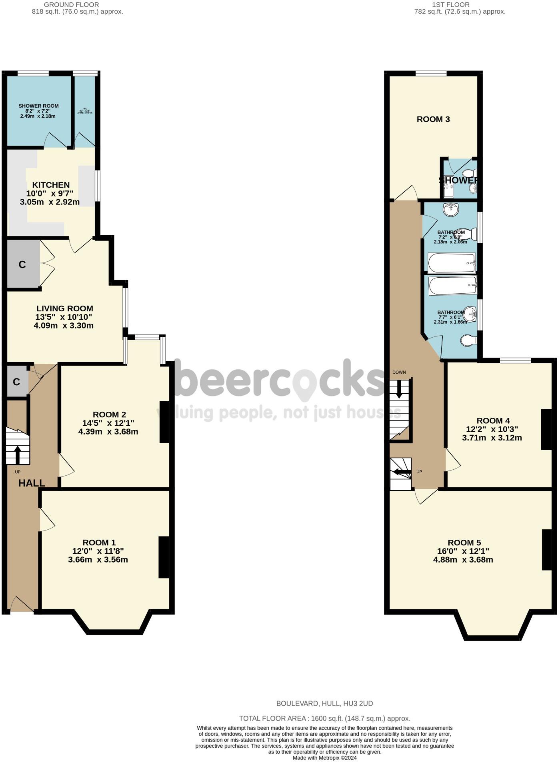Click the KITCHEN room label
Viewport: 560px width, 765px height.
51,185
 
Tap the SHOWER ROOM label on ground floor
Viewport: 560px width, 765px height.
38,106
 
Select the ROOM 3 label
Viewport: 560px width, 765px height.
433,119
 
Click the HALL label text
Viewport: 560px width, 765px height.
32,483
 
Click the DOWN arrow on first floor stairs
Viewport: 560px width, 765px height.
399,390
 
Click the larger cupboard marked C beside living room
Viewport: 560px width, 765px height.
23,264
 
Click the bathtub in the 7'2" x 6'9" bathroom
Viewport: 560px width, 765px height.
452,262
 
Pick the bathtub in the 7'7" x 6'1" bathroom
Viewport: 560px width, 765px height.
452,286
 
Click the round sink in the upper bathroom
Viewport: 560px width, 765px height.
451,208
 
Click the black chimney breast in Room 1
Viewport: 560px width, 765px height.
164,557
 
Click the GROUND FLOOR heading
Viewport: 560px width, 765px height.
71,5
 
